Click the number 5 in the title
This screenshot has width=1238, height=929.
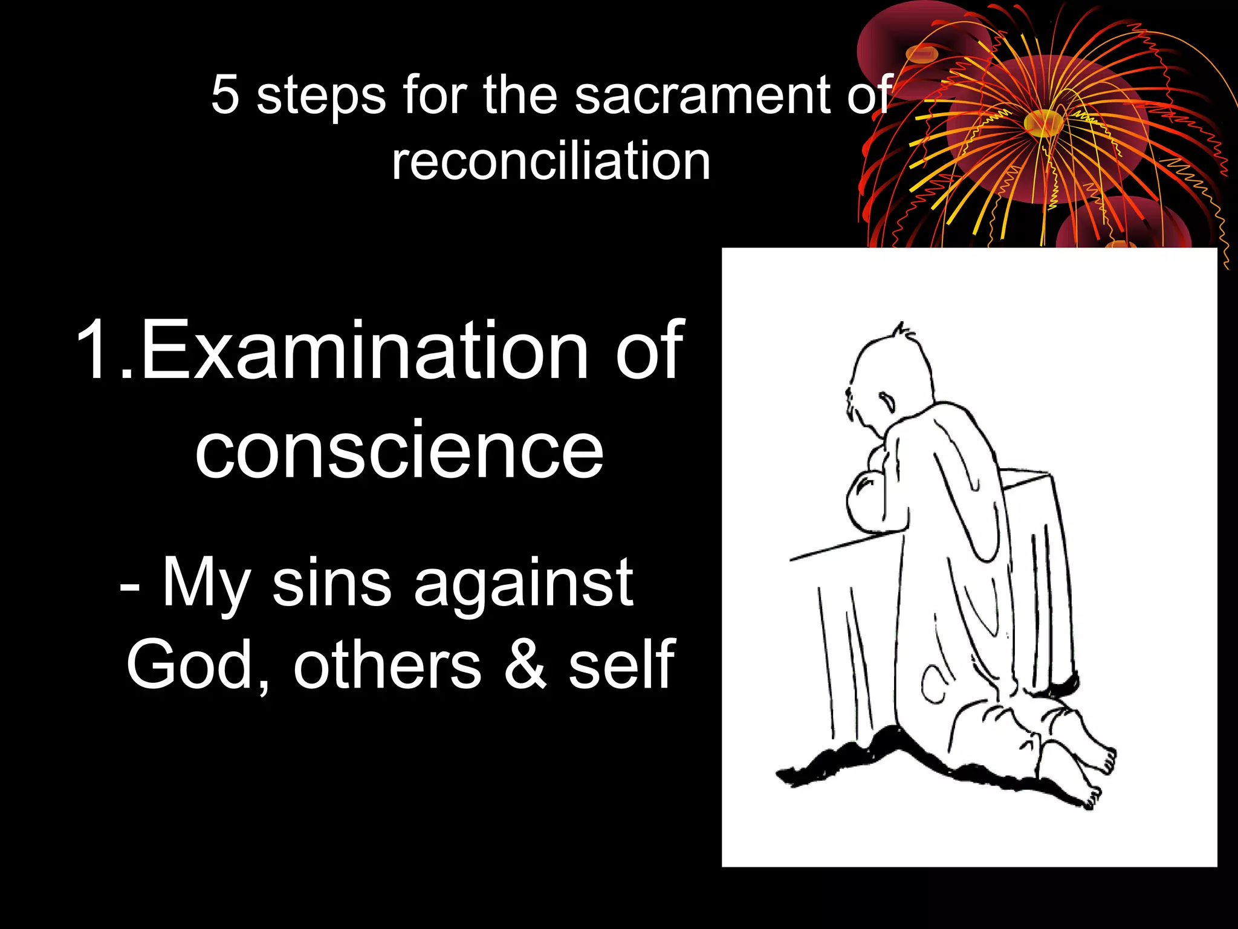[224, 96]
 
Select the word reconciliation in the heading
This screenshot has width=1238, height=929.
[551, 161]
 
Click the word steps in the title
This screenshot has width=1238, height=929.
[321, 97]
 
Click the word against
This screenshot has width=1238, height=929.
[523, 584]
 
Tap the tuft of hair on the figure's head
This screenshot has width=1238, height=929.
[903, 332]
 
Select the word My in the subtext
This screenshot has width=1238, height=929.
[206, 584]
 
